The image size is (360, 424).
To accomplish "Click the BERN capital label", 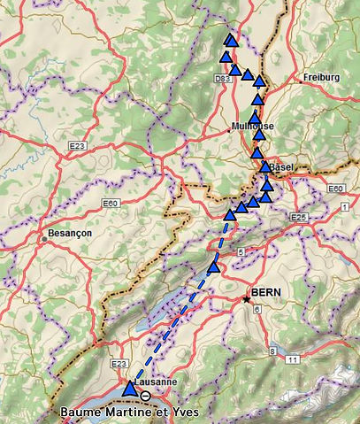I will pos(266,291).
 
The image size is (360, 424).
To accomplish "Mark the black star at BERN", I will pos(247,299).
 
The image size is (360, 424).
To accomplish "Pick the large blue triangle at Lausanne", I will pos(130,389).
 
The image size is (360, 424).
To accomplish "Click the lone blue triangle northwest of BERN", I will pos(213,266).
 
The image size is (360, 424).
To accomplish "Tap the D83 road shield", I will pos(223,79).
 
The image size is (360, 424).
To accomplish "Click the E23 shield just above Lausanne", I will pos(121,364).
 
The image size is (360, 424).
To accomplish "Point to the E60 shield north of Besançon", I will pos(110,204).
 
